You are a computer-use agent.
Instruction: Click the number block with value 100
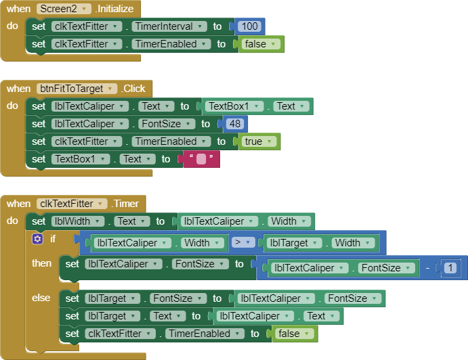click(250, 26)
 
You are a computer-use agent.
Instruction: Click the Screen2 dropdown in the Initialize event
click(64, 9)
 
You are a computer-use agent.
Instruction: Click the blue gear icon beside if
click(37, 239)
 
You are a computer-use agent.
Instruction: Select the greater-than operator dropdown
click(244, 242)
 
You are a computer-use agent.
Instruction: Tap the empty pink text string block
click(201, 160)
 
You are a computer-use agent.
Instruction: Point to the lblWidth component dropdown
click(79, 221)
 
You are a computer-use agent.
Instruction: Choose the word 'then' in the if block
click(42, 263)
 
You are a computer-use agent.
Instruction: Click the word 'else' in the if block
click(41, 298)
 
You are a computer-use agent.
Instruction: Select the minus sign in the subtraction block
click(429, 268)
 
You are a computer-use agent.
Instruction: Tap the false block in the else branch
click(295, 334)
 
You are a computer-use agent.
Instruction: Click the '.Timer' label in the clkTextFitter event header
click(126, 204)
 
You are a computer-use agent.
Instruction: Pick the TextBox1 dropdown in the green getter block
click(233, 106)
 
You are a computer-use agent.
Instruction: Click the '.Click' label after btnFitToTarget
click(134, 89)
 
